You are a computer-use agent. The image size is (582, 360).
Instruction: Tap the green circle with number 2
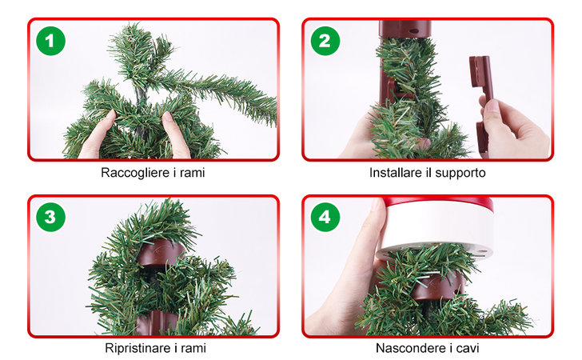pyautogui.click(x=325, y=41)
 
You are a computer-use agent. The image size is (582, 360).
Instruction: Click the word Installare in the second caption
pyautogui.click(x=395, y=173)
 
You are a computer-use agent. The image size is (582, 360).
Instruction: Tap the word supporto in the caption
pyautogui.click(x=460, y=173)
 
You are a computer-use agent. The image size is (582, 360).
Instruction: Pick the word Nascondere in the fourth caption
pyautogui.click(x=406, y=348)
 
